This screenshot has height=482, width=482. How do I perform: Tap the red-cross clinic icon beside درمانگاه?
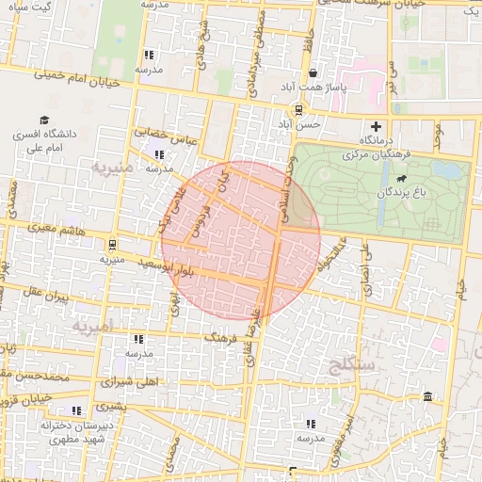(377, 126)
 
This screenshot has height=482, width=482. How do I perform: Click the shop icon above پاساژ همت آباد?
(312, 73)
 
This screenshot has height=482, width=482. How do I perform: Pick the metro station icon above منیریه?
(113, 243)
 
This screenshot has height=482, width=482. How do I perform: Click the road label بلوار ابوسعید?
(142, 266)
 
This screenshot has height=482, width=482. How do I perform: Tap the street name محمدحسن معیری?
(36, 376)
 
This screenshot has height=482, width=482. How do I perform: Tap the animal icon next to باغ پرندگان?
(402, 179)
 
